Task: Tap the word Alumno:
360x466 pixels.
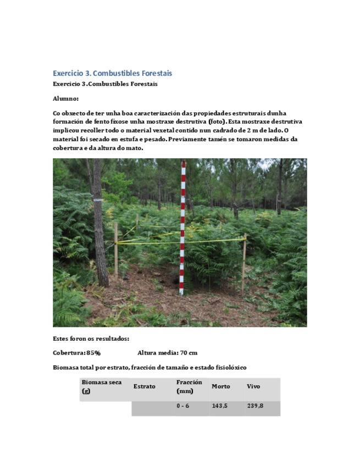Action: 65,99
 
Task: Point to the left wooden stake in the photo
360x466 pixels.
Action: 116,250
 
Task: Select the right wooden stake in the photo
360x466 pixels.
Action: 243,264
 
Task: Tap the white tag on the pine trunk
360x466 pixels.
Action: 98,199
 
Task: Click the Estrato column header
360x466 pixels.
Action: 144,386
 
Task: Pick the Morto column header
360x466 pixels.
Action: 221,386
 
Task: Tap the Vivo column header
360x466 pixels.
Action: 253,386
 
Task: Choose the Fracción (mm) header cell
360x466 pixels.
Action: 189,386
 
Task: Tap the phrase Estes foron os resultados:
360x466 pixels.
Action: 91,339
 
